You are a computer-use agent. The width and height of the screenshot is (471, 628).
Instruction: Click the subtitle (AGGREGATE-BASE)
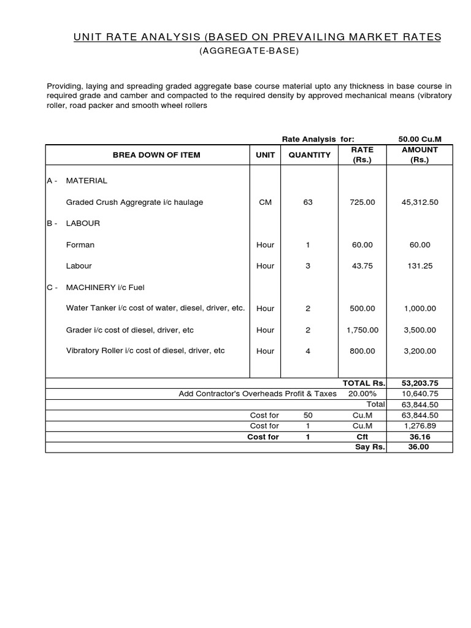pos(249,51)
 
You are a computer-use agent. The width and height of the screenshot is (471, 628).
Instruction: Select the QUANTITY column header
pos(309,155)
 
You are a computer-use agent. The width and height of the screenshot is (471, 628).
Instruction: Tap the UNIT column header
pos(265,155)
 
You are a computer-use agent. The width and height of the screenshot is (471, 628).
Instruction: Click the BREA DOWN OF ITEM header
pos(156,155)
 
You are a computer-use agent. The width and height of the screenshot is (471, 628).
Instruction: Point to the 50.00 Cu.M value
pos(419,139)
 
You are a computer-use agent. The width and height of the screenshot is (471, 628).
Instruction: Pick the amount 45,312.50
pos(419,202)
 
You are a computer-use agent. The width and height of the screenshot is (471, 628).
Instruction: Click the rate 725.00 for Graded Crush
pos(362,202)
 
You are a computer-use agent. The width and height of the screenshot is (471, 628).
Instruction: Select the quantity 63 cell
pos(308,202)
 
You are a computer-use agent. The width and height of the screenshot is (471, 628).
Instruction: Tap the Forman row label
pos(80,245)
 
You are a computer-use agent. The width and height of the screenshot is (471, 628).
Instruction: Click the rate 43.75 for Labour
pos(362,266)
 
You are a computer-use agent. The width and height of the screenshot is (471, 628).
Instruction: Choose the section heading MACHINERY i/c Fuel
pos(105,287)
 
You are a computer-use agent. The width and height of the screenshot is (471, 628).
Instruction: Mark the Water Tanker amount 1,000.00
pos(419,308)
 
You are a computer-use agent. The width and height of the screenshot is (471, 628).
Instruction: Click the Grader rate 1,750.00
pos(362,330)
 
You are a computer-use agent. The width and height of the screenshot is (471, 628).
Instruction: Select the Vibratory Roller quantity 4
pos(308,351)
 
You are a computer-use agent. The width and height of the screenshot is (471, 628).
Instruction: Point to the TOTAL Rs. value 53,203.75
pos(419,383)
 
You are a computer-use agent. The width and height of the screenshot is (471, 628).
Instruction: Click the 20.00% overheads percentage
pos(362,394)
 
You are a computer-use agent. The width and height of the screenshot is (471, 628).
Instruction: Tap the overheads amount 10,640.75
pos(419,394)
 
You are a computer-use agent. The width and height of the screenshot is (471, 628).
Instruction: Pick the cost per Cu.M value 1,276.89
pos(419,426)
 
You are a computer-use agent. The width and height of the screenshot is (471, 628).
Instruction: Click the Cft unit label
pos(362,437)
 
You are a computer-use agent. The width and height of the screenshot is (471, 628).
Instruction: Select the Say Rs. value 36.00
pos(419,447)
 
